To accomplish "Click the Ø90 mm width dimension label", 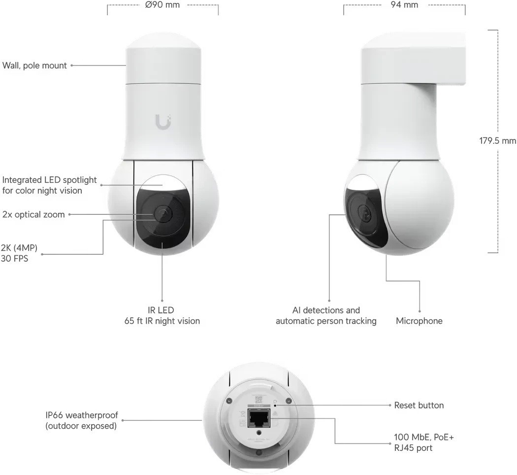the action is coord(162,5).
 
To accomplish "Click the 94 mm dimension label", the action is coord(404,5).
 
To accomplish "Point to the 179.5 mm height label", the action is coord(497,141).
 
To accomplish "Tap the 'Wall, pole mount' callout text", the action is coord(34,66).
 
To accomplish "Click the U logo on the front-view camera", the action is coord(163,122).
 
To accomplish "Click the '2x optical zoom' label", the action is coord(33,214).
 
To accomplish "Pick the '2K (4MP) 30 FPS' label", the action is coord(19,253).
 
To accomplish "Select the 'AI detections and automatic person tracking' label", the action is coord(326,315).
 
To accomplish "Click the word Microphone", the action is coord(419,321).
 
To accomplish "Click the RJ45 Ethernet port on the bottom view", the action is coord(259,418).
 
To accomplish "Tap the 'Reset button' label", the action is coord(419,406).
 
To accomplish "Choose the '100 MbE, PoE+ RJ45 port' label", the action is coord(423,442).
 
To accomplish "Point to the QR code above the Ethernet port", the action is coord(258,400).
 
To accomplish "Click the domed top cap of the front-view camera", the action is coord(163,41).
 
